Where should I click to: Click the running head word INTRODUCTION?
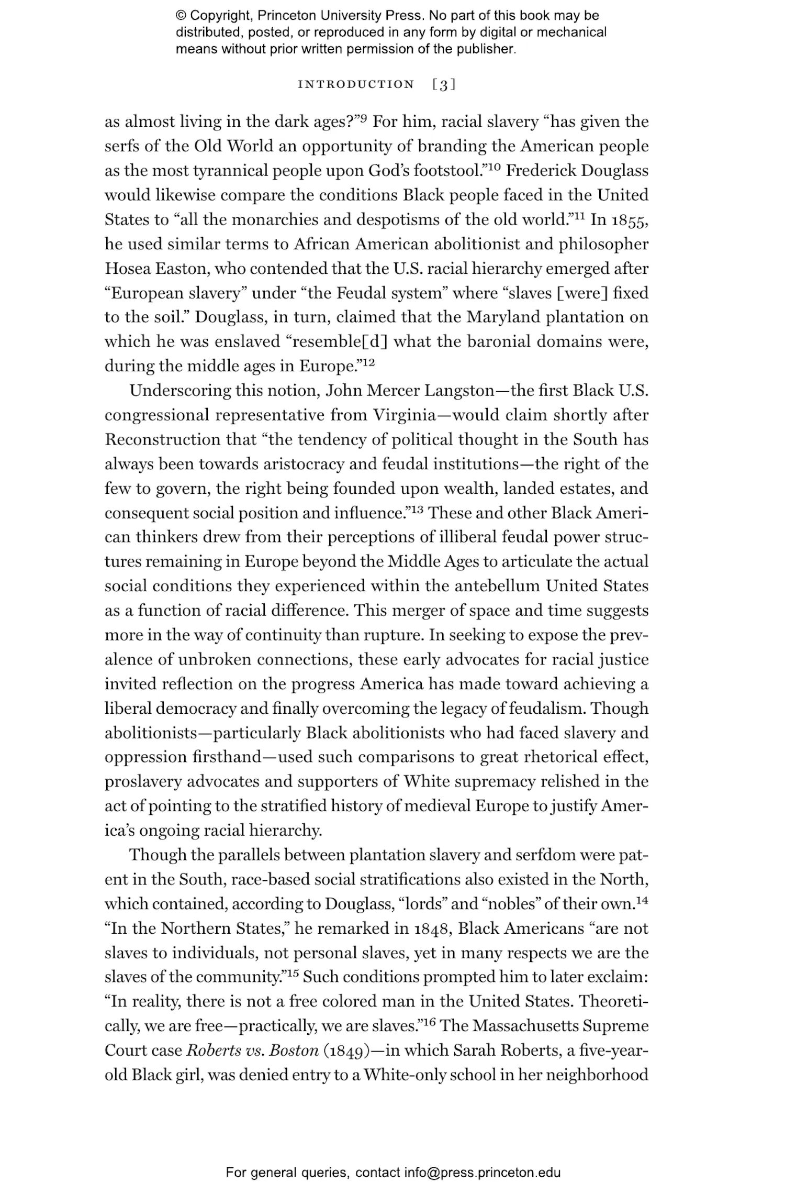pos(356,84)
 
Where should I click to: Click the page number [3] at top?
pos(444,84)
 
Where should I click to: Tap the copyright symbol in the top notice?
pos(180,16)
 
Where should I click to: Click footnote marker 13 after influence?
pos(417,509)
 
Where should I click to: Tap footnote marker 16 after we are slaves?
pos(429,1022)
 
